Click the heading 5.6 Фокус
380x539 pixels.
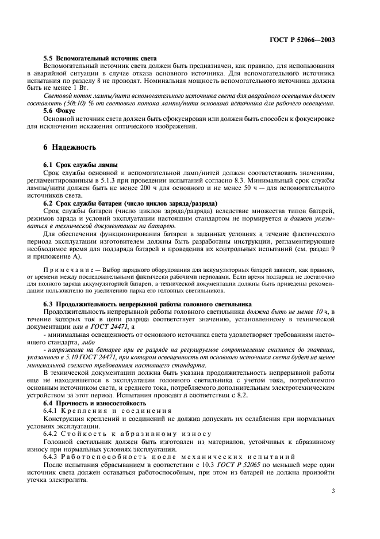64,110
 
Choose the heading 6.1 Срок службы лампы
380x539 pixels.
81,165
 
